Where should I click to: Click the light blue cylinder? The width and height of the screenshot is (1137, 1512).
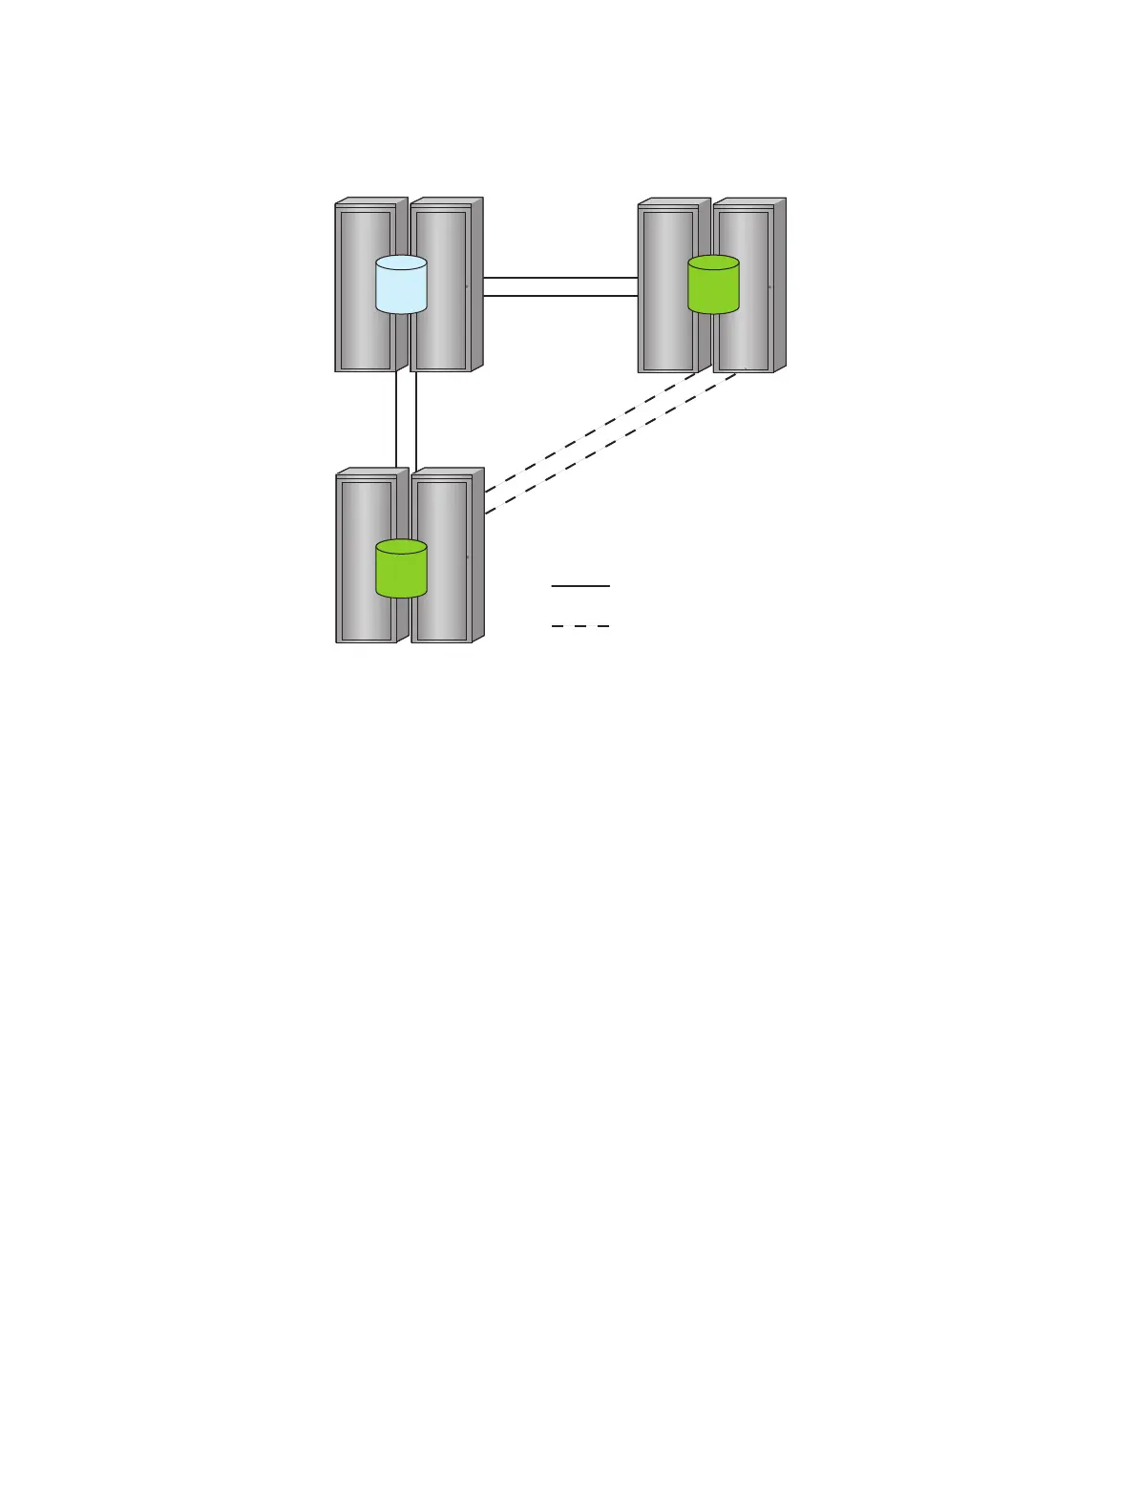coord(401,289)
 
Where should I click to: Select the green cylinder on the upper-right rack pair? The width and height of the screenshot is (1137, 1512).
coord(713,289)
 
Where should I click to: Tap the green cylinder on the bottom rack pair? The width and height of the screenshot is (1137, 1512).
coord(401,574)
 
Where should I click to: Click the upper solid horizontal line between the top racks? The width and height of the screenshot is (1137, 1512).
coord(560,278)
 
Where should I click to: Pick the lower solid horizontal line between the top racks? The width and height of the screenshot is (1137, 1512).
coord(560,296)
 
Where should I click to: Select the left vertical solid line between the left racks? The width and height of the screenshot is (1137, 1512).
coord(396,420)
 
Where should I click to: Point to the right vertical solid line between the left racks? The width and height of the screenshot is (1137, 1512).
coord(416,420)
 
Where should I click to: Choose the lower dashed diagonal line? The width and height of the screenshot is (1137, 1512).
coord(611,443)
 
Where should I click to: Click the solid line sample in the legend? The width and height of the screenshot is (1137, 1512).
coord(580,586)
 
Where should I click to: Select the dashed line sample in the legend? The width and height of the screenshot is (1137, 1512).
coord(580,626)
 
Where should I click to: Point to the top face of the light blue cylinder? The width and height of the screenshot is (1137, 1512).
coord(401,263)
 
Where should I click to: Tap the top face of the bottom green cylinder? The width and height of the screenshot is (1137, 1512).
coord(401,547)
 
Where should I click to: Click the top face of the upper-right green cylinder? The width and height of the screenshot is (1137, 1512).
coord(713,263)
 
